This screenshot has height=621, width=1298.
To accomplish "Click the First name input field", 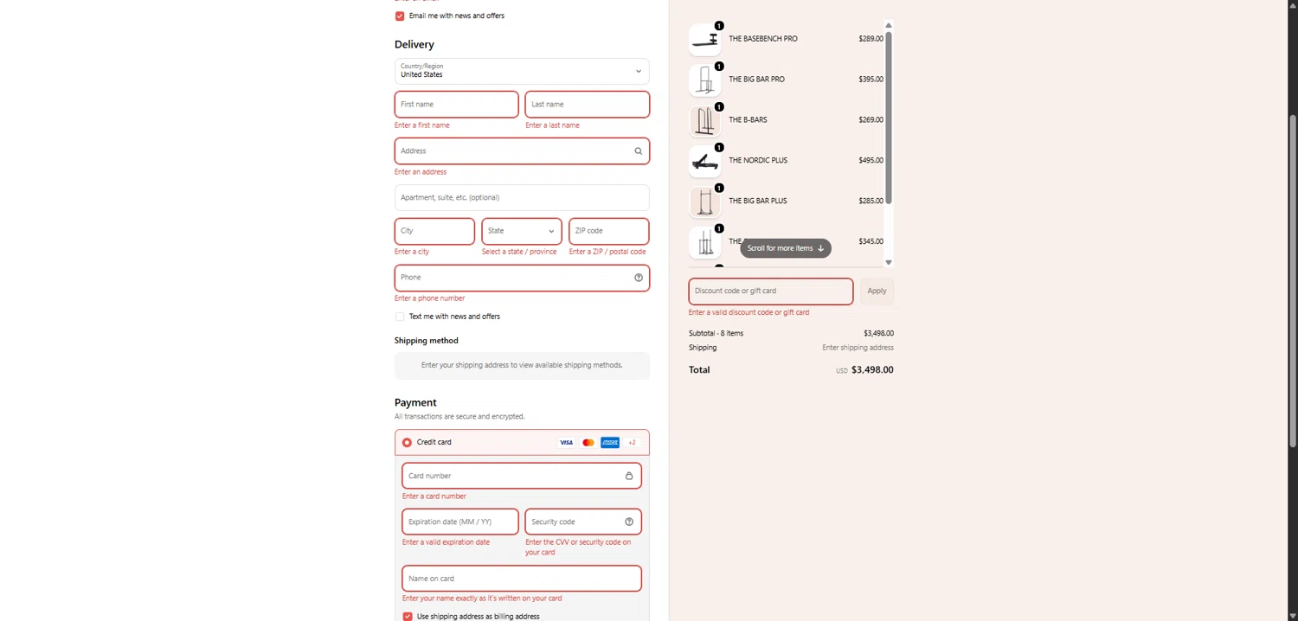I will [x=456, y=105].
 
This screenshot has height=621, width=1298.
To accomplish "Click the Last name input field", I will [x=587, y=105].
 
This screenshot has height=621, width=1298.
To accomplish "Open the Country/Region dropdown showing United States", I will [x=522, y=71].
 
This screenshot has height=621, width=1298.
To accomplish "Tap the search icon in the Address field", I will [x=639, y=151].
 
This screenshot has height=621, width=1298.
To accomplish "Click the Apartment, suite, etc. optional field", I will [x=522, y=197].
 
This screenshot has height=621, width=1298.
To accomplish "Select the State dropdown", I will [x=522, y=231].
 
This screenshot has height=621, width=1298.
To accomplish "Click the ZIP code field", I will [x=608, y=231].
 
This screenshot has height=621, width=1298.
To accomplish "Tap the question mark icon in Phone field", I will [x=639, y=278].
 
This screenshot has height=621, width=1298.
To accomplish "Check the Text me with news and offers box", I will [x=400, y=317].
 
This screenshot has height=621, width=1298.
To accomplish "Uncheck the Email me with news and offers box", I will [x=400, y=16].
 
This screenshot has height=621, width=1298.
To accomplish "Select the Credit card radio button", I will [x=407, y=443].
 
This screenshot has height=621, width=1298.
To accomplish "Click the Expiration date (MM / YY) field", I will [x=459, y=522].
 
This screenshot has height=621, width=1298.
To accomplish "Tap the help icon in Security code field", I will [x=629, y=522].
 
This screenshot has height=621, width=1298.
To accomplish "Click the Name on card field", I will [x=522, y=579].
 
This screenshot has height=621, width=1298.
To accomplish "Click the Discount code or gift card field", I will [x=770, y=291].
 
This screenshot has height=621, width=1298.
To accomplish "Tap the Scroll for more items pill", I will [x=785, y=248].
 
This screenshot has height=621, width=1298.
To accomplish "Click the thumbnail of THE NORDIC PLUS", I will [x=704, y=161].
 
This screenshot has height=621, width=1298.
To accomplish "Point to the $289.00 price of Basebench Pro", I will [x=871, y=39].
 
